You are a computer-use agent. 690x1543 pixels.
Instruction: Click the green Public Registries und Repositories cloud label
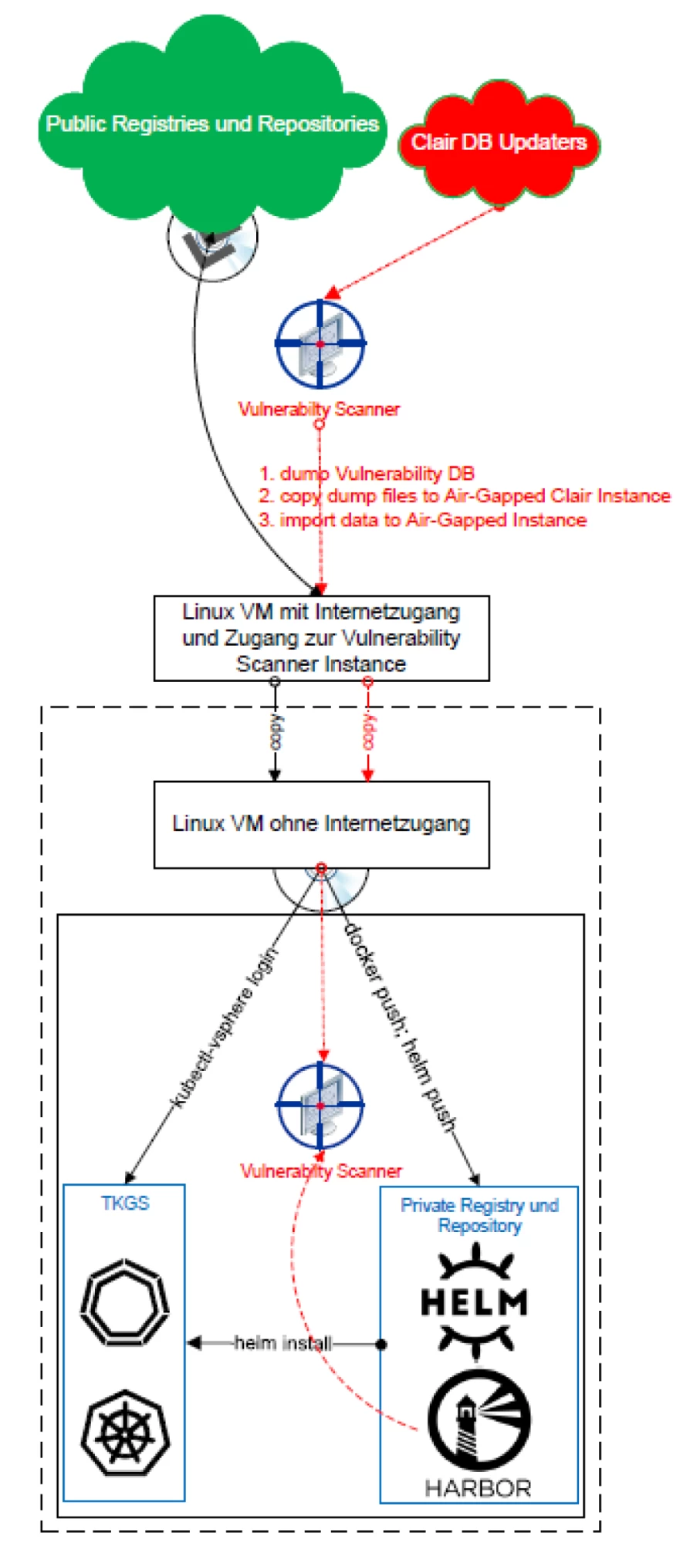(x=212, y=124)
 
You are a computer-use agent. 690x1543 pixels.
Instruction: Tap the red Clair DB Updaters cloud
(x=499, y=143)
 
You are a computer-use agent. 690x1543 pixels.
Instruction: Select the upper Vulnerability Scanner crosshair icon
(x=320, y=344)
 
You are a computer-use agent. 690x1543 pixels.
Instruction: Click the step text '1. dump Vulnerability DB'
(x=367, y=474)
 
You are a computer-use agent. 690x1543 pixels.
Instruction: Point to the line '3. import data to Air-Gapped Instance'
(x=422, y=520)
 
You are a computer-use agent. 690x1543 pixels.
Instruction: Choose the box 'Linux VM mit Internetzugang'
(x=321, y=638)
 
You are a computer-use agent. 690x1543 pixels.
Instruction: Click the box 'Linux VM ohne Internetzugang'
(x=321, y=824)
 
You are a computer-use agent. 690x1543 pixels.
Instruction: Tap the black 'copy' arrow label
(x=276, y=731)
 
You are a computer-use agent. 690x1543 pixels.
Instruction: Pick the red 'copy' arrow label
(x=368, y=731)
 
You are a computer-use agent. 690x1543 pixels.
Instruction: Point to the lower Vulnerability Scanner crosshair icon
(x=320, y=1106)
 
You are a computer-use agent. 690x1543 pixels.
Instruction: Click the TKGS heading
(x=125, y=1204)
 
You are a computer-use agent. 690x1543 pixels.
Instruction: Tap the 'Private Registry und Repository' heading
(x=479, y=1215)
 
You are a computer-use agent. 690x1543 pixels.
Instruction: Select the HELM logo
(x=475, y=1303)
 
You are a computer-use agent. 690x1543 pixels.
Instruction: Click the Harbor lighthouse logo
(x=479, y=1420)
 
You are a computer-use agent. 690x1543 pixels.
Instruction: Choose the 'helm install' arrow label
(x=283, y=1343)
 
